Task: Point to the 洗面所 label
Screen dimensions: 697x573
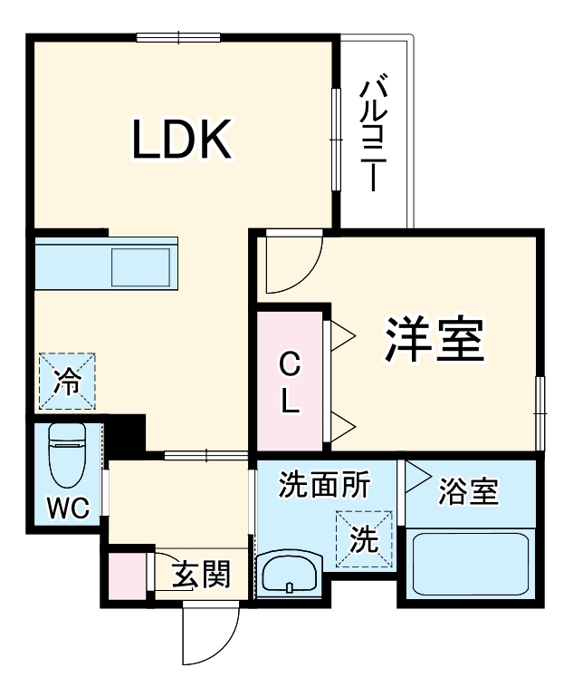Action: coord(323,486)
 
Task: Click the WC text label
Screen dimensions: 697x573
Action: coord(68,509)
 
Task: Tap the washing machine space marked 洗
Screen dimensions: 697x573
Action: coord(364,540)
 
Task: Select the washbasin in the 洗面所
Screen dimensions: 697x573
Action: coord(288,576)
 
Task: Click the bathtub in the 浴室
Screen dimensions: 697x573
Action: coord(470,565)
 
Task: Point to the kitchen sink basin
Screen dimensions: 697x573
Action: coord(141,266)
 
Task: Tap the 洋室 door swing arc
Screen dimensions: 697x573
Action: coord(292,266)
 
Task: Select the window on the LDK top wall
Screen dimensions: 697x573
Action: coord(179,38)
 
